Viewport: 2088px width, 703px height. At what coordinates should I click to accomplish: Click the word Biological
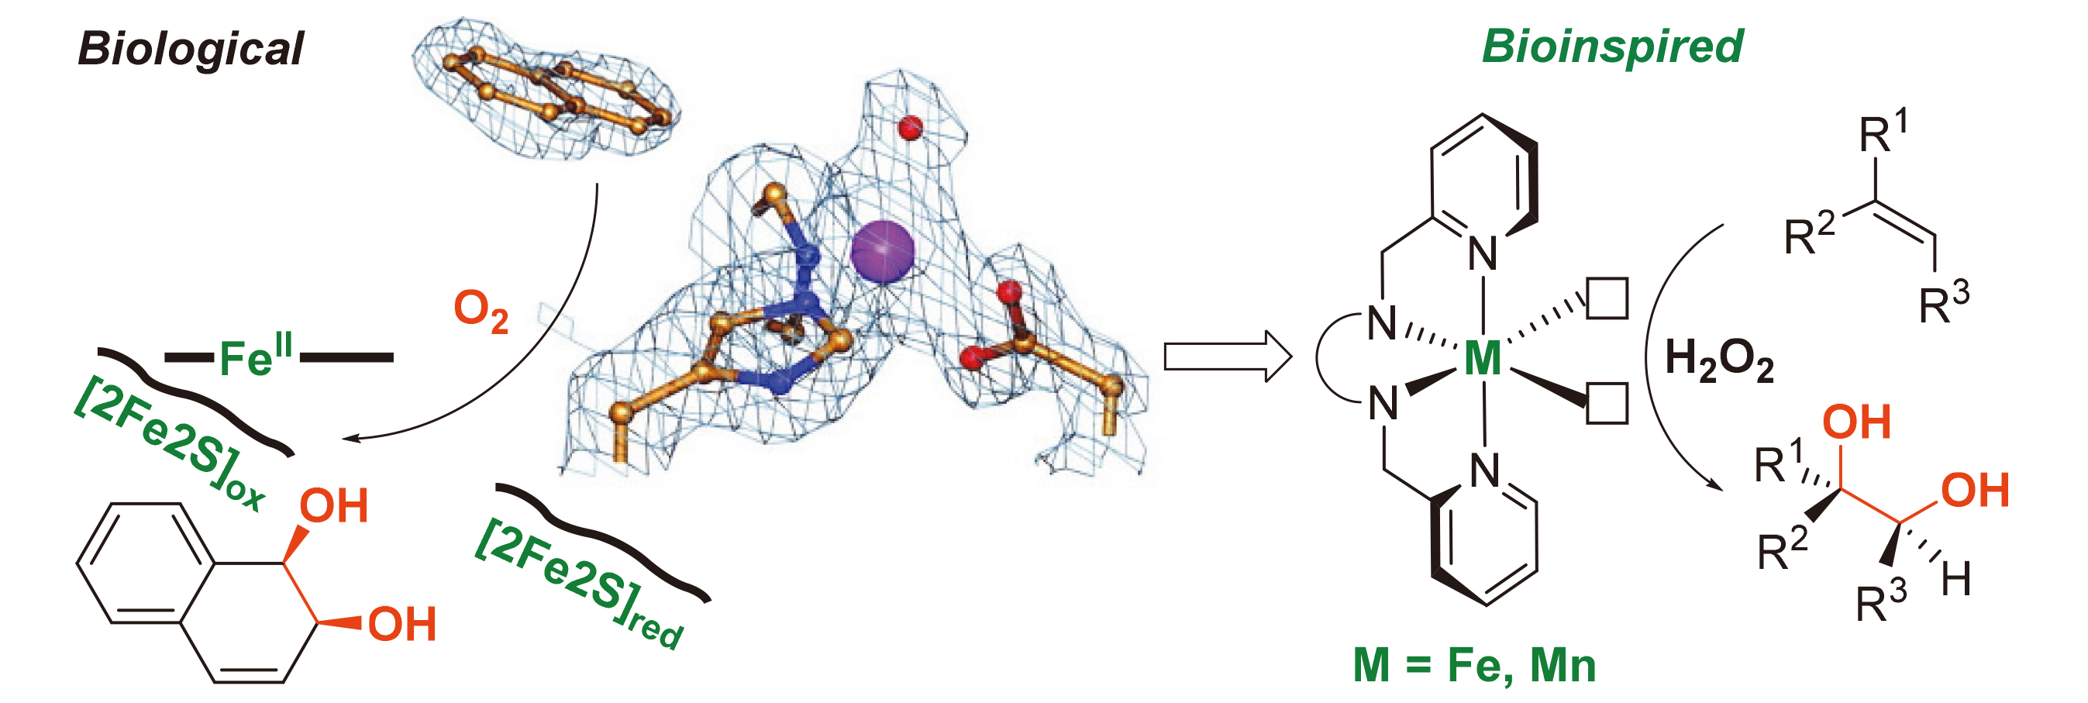[x=191, y=49]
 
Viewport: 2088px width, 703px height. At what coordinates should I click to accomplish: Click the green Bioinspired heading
[x=1612, y=47]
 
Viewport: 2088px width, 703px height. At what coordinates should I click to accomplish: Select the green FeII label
[x=255, y=357]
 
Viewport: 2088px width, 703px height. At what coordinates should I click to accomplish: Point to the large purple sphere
[x=883, y=251]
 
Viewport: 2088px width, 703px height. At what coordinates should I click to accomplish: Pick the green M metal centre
[x=1483, y=358]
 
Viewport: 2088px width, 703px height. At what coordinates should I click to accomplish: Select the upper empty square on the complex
[x=1607, y=298]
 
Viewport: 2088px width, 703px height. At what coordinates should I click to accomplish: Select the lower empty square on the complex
[x=1607, y=403]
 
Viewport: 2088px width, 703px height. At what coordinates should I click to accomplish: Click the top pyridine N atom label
[x=1483, y=253]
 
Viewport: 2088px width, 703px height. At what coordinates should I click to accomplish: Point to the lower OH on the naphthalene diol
[x=402, y=625]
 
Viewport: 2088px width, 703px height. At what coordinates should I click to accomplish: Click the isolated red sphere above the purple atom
[x=910, y=126]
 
